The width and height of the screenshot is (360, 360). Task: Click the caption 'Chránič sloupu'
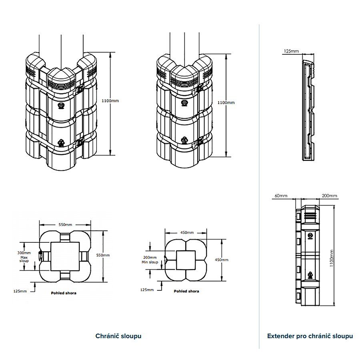pos(118,336)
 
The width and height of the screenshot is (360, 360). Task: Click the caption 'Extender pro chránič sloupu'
pos(310,336)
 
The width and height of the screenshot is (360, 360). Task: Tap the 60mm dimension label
pos(281,196)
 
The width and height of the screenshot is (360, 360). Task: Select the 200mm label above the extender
pos(330,196)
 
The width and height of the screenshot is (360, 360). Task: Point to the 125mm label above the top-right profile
pos(291,51)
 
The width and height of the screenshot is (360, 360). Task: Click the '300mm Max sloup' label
pos(24,257)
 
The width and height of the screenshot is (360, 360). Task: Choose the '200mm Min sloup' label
pos(150,260)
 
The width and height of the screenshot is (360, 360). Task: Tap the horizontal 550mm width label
pos(65,224)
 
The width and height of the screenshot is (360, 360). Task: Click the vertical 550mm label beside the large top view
pos(103,255)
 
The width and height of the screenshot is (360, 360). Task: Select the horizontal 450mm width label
pos(187,232)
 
